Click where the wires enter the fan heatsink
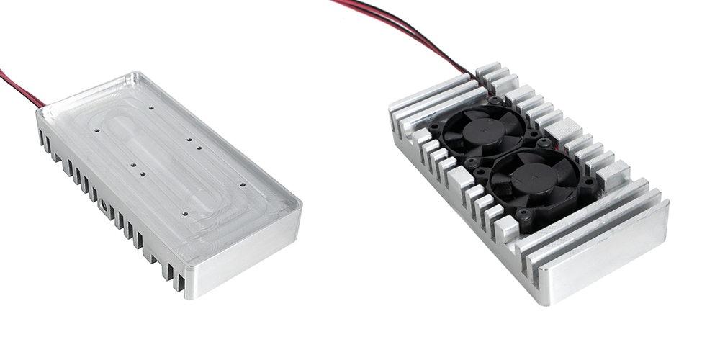[474, 75]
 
